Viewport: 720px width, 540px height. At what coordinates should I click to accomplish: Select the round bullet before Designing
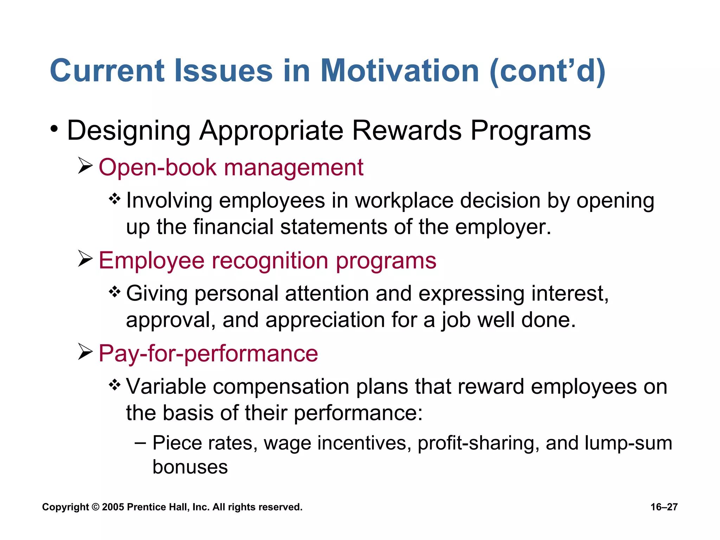click(x=54, y=129)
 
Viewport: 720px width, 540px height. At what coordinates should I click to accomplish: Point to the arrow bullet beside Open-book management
click(x=85, y=166)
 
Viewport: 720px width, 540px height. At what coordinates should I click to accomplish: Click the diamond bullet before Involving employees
click(x=115, y=199)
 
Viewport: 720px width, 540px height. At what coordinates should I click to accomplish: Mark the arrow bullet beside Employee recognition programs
click(x=85, y=259)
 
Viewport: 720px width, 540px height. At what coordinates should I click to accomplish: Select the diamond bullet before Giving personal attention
click(x=115, y=292)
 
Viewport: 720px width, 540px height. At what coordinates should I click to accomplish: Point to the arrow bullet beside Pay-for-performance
click(x=85, y=352)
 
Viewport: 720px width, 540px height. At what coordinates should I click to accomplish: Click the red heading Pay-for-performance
click(x=208, y=353)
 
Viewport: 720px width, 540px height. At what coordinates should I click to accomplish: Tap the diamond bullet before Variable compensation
click(x=115, y=385)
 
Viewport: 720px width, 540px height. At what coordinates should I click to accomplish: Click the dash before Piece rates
click(x=140, y=443)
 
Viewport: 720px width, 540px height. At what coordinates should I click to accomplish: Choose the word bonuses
click(x=190, y=467)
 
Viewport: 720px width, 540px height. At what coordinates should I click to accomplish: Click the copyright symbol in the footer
click(x=95, y=507)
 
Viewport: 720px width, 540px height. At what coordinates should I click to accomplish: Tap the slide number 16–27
click(x=664, y=507)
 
